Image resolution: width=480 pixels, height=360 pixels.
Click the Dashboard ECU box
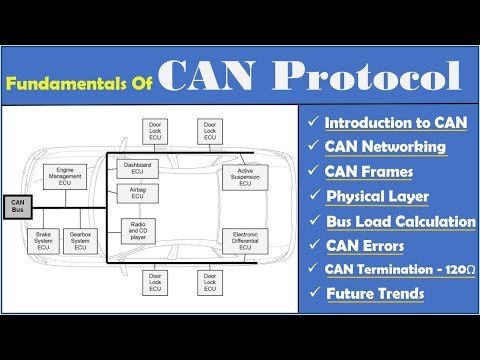click(x=138, y=168)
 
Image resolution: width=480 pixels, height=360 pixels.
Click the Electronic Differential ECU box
click(x=244, y=241)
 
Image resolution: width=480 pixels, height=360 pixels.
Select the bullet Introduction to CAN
click(x=394, y=122)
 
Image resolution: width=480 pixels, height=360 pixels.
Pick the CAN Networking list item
click(x=386, y=147)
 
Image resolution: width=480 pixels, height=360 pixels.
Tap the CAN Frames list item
click(x=374, y=171)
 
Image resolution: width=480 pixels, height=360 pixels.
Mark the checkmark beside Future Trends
click(x=314, y=294)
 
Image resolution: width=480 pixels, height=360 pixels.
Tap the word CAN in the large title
click(x=207, y=75)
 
